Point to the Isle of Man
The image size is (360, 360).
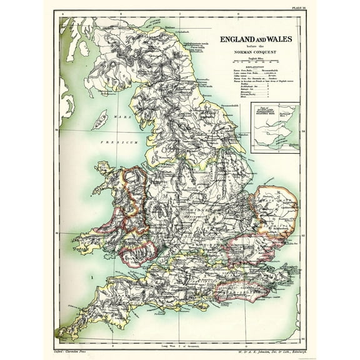point(99,119)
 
